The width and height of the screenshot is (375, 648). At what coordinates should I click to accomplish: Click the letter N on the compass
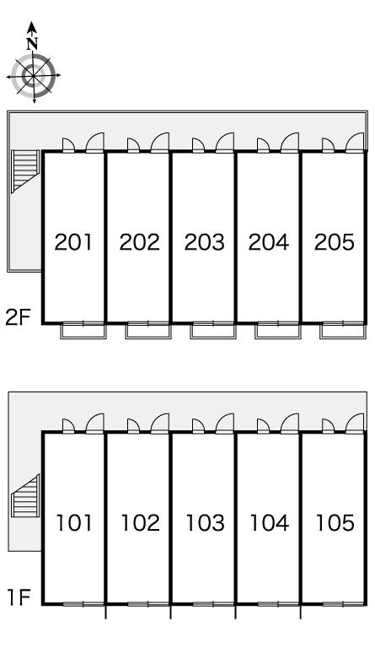tap(32, 44)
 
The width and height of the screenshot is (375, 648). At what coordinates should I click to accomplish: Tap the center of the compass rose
tap(34, 76)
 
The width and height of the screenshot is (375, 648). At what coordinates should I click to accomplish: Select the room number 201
tap(74, 242)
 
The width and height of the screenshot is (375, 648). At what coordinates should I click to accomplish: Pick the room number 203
tap(204, 242)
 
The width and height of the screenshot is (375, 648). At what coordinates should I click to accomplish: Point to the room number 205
tap(335, 242)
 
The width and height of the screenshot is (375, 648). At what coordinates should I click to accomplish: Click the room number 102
tap(140, 523)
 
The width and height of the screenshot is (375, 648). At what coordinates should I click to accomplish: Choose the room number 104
tap(270, 523)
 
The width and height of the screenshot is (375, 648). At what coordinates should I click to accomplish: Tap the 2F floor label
tap(18, 317)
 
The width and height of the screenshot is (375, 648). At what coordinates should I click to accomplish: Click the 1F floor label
tap(19, 597)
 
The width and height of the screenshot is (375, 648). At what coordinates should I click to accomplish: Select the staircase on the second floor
tap(25, 170)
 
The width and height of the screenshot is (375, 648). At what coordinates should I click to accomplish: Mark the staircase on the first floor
tap(25, 496)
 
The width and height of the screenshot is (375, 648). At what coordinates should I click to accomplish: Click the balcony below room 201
tap(83, 331)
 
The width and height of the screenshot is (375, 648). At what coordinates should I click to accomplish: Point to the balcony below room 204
tap(277, 331)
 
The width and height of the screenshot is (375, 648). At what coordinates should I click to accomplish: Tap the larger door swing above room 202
tap(160, 143)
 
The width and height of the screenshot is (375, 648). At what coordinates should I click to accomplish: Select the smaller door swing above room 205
tap(328, 145)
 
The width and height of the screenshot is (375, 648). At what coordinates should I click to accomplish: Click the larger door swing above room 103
tap(225, 424)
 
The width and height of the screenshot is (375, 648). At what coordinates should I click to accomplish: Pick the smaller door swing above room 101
tap(68, 426)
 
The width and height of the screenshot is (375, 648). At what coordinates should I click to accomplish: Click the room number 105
tap(335, 523)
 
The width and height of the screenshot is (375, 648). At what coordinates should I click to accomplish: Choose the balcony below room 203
tap(213, 331)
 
